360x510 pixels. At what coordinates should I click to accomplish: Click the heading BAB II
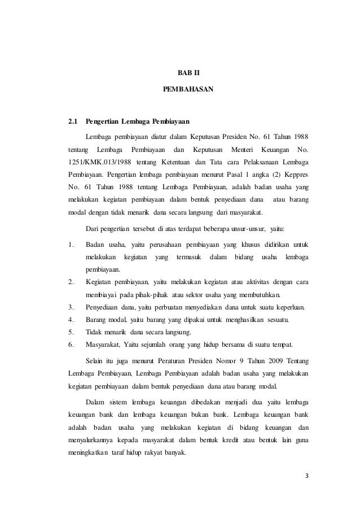coord(181,73)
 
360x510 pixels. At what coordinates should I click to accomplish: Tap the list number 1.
coord(70,245)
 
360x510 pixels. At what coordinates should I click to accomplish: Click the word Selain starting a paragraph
coord(95,361)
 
